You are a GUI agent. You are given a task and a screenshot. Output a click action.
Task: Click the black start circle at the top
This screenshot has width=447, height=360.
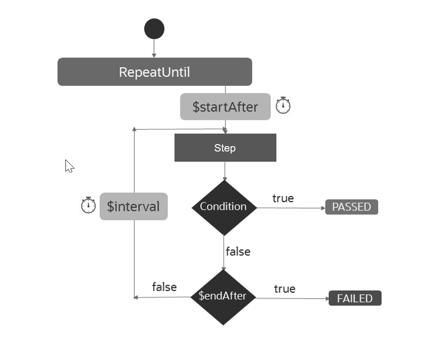(x=154, y=29)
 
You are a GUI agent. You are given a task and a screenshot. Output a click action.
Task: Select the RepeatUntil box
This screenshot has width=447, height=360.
(x=155, y=72)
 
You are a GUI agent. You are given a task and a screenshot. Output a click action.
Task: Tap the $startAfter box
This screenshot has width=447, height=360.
(x=225, y=106)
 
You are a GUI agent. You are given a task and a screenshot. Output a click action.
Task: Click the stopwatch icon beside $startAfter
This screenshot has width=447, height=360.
(x=283, y=105)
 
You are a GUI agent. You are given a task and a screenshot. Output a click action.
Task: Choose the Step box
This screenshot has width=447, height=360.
(x=225, y=148)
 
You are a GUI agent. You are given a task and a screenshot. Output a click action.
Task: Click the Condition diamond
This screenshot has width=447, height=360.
(x=224, y=207)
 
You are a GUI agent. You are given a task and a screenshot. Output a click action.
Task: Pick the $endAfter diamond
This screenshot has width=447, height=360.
(x=223, y=297)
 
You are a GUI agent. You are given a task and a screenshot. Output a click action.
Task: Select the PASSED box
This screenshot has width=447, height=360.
(x=351, y=207)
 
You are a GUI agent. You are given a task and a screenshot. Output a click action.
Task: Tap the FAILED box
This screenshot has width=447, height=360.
(x=355, y=299)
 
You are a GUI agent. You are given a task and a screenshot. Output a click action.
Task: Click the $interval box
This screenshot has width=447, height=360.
(x=134, y=206)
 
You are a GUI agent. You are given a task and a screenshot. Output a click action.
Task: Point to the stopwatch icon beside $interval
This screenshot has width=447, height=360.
(x=88, y=205)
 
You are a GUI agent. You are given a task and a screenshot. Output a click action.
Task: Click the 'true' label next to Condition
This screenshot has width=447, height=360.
(x=283, y=198)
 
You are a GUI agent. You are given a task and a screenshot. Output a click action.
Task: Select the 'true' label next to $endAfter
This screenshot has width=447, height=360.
(x=284, y=289)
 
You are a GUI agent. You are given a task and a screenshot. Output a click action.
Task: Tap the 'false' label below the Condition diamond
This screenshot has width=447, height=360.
(x=238, y=252)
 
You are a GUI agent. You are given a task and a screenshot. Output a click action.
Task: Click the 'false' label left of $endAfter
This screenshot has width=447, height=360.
(x=164, y=287)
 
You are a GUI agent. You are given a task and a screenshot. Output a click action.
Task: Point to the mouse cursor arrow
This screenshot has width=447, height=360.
(x=69, y=165)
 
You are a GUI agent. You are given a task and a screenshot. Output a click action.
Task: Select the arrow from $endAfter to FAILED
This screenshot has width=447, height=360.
(x=292, y=298)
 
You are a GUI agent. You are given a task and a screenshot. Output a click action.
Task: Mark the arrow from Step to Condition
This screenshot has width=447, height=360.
(x=224, y=171)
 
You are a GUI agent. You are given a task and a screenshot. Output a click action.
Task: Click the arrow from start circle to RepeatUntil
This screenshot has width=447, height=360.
(x=154, y=49)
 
